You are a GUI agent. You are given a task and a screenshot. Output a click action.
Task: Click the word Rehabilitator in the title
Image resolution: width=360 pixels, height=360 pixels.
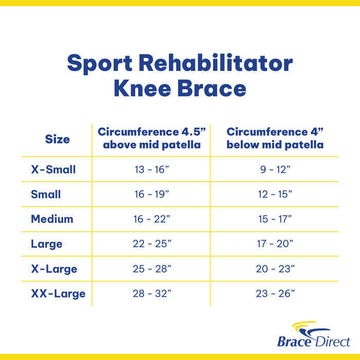coord(216,64)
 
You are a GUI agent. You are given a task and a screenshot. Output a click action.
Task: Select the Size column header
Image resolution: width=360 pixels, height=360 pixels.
coord(57,139)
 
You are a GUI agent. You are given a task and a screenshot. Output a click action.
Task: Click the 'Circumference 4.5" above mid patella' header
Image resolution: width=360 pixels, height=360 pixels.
coord(151,138)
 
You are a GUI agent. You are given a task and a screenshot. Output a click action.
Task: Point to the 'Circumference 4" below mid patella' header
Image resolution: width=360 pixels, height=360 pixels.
coord(275,138)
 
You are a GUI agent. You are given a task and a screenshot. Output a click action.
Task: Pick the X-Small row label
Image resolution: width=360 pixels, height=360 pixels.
coord(53,169)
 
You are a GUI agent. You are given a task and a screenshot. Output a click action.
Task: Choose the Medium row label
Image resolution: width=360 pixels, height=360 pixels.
coord(52,219)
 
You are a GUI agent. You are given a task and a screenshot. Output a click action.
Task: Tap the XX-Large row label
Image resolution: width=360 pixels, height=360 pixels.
coord(58,294)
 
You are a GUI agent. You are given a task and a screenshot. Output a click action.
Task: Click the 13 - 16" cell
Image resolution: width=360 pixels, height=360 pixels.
coord(151,170)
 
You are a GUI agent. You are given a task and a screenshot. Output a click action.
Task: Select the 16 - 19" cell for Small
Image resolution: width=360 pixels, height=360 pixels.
coord(151,194)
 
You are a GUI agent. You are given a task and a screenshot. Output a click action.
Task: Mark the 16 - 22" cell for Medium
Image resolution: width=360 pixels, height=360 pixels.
coord(151,220)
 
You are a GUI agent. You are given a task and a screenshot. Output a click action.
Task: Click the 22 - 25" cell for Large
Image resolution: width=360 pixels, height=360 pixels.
coord(151,244)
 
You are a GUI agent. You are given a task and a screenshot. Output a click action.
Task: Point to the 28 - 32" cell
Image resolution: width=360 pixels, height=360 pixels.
coord(151,294)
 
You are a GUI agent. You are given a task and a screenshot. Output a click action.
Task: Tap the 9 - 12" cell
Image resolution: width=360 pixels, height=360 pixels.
coord(275,170)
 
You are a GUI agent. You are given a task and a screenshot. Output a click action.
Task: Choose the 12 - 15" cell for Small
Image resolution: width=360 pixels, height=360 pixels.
coord(275,194)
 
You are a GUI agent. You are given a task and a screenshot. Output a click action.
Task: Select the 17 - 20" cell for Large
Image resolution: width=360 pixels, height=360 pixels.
coord(275,244)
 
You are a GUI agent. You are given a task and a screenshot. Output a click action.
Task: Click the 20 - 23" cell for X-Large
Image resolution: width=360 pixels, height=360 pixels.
coord(275,269)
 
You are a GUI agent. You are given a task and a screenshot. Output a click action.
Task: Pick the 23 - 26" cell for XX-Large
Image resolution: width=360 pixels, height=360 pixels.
coord(275,294)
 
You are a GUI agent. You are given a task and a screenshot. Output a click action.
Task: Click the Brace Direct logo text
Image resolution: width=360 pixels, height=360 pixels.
coord(314,341)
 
